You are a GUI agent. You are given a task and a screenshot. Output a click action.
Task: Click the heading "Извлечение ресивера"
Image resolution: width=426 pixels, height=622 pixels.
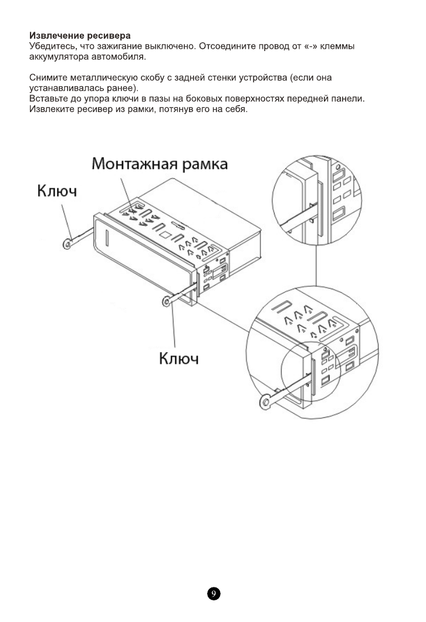pos(80,37)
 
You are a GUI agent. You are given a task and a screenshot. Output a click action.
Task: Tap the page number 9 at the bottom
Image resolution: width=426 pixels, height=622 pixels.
pos(213,594)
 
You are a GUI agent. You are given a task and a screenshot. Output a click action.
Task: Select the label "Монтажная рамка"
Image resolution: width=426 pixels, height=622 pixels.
pos(160,164)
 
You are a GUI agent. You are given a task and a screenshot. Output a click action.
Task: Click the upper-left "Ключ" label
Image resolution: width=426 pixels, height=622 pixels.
pos(58,191)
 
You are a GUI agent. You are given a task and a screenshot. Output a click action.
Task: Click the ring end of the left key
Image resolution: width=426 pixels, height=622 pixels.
pos(68,242)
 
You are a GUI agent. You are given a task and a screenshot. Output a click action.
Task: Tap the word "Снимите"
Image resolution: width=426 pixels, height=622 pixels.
pos(49,77)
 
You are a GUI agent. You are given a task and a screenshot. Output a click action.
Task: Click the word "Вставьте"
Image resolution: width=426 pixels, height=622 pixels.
pos(49,99)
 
